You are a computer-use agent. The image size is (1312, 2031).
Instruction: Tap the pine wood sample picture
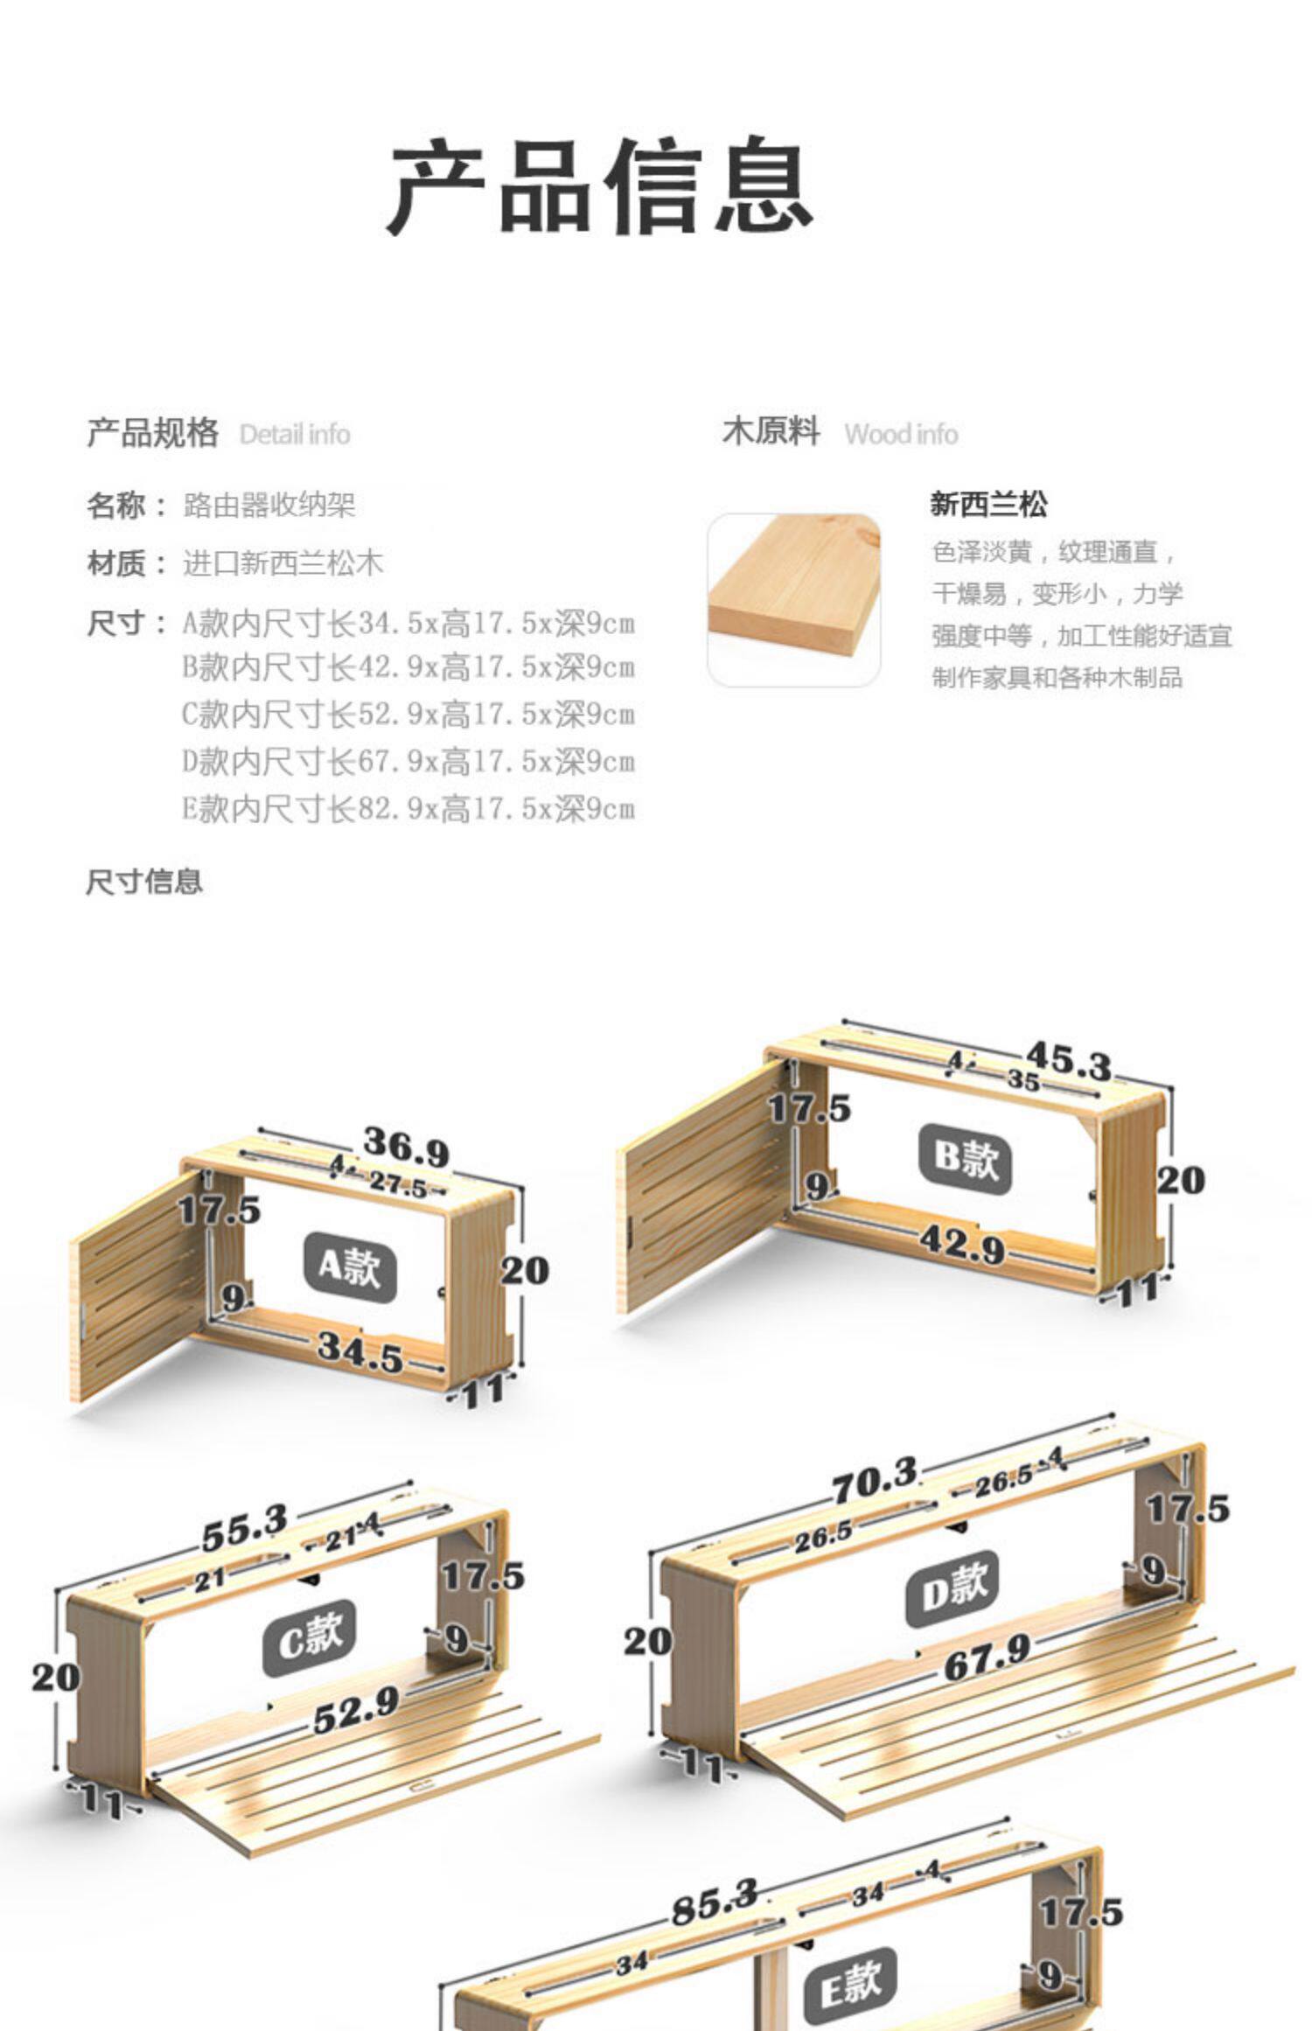pos(793,599)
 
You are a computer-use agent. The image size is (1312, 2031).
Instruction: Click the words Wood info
pos(900,434)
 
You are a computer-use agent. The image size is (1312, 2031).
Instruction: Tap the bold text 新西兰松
pos(988,504)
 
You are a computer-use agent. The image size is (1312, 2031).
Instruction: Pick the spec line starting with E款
pos(408,809)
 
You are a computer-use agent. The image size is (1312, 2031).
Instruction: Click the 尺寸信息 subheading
pos(144,881)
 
